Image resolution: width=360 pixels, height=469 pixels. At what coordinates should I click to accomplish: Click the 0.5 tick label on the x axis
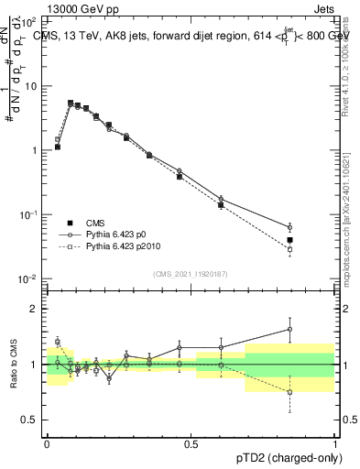(191, 442)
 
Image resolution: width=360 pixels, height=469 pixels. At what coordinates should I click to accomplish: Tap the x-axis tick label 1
(335, 442)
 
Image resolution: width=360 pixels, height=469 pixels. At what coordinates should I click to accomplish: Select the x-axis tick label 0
(47, 442)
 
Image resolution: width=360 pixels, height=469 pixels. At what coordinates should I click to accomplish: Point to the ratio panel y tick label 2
(38, 309)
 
